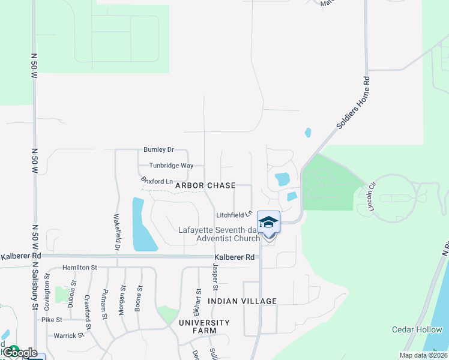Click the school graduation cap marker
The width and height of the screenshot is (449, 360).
(268, 222)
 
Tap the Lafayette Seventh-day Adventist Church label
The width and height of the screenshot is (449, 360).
(219, 234)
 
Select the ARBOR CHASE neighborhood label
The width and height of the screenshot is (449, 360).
(205, 186)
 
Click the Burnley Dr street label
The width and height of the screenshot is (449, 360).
(158, 149)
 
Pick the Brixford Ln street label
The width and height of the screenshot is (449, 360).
(157, 181)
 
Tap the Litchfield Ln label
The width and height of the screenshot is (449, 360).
(234, 214)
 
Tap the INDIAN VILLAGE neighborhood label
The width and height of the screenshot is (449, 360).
(243, 301)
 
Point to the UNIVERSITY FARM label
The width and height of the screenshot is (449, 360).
(205, 327)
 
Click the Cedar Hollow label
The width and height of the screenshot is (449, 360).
(417, 329)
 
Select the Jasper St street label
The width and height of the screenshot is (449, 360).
(214, 277)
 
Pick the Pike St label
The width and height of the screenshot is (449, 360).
(52, 320)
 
